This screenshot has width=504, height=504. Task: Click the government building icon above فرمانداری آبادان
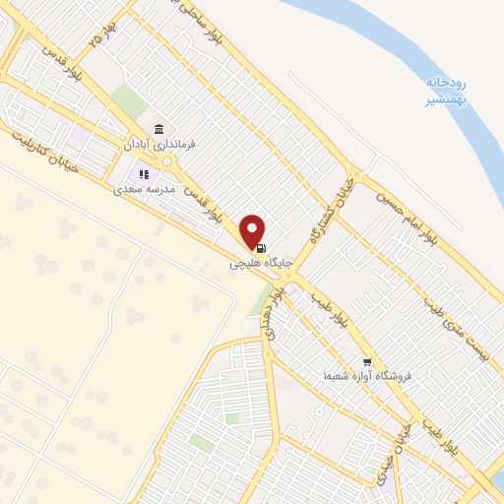click(x=159, y=129)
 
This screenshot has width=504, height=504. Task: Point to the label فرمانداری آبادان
click(x=158, y=144)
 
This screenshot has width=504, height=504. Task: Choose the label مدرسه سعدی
click(x=144, y=188)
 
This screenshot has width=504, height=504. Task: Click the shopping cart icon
click(x=367, y=362)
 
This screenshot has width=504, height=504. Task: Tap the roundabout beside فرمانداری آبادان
click(x=168, y=161)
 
